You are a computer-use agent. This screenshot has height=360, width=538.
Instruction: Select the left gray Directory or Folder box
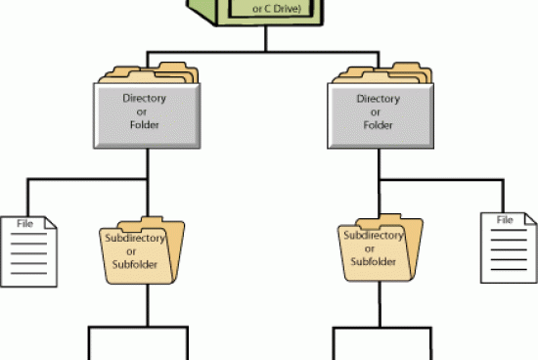[x=145, y=114]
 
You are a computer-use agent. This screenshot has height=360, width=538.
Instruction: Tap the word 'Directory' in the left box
[x=145, y=99]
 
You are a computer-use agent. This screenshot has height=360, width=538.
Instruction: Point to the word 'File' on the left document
[x=27, y=224]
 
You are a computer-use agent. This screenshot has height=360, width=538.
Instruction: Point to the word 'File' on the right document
[x=505, y=219]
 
